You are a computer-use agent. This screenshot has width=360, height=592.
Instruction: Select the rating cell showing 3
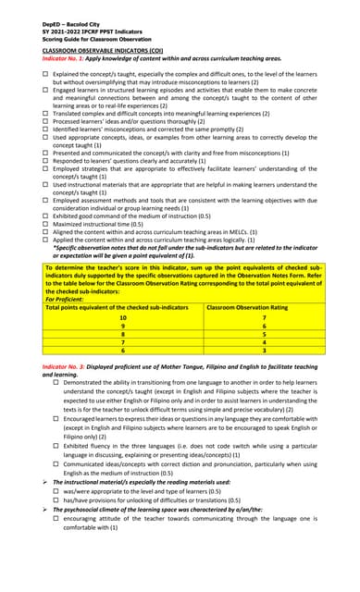coord(264,351)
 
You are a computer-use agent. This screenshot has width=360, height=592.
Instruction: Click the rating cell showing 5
coord(264,335)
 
